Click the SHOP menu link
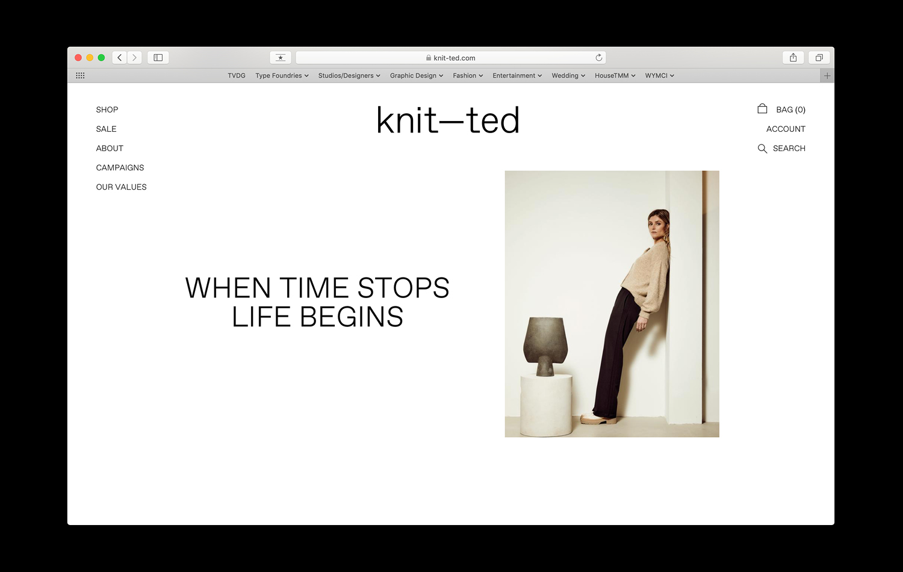point(107,110)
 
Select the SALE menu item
point(106,129)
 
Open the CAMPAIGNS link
point(120,168)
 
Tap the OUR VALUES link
point(122,187)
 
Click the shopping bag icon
point(762,108)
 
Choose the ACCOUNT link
point(786,129)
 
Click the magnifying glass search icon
point(762,149)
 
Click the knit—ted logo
point(448,120)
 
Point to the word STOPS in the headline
point(403,288)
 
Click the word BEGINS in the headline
point(351,317)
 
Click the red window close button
point(78,58)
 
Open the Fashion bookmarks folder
point(468,75)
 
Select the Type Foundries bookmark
point(282,75)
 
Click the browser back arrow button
point(119,58)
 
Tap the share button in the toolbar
point(793,58)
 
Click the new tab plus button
point(827,76)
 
